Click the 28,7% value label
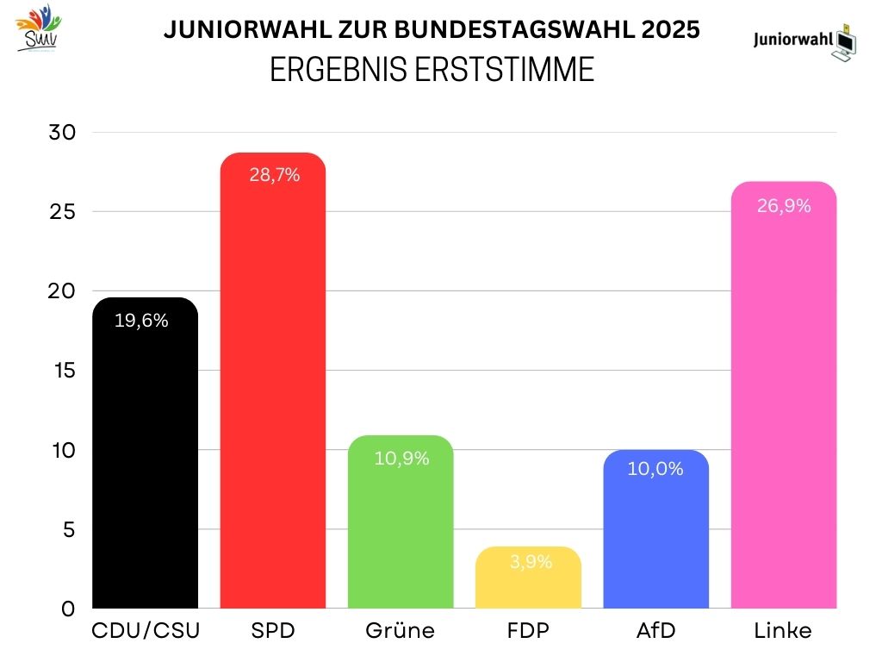pyautogui.click(x=274, y=176)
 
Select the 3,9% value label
pyautogui.click(x=528, y=562)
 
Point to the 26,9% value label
pyautogui.click(x=783, y=206)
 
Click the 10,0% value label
pyautogui.click(x=655, y=470)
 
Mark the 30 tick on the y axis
pyautogui.click(x=63, y=133)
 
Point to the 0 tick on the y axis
pyautogui.click(x=67, y=609)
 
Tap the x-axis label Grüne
pyautogui.click(x=401, y=631)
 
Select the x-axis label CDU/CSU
pyautogui.click(x=146, y=631)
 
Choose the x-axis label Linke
pyautogui.click(x=783, y=631)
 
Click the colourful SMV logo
pyautogui.click(x=39, y=28)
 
